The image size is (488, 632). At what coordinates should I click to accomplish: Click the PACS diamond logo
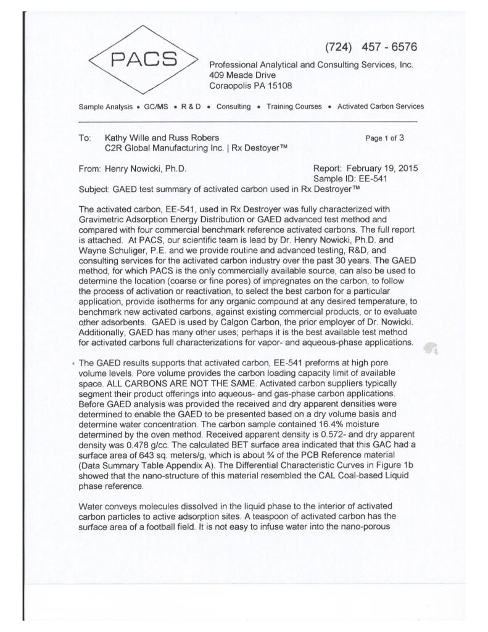(x=144, y=60)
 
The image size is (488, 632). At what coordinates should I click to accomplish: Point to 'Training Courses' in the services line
(x=294, y=107)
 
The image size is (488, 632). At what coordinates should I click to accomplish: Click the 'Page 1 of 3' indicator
(x=385, y=139)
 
